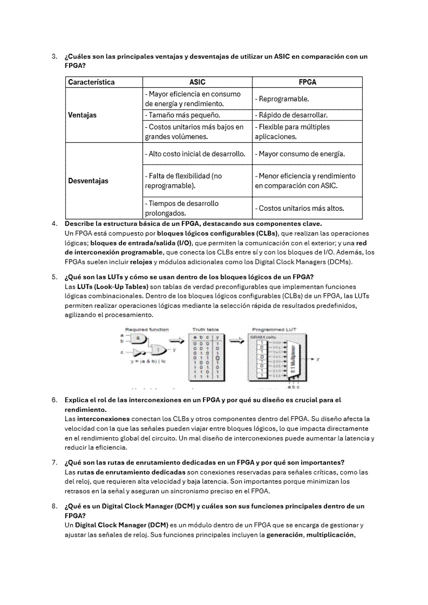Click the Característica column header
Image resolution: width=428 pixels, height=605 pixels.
(x=91, y=82)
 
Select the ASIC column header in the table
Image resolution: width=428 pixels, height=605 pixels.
(x=198, y=82)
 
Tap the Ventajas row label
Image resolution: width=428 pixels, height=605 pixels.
(x=83, y=115)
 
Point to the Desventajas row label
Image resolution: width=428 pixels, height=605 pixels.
(x=88, y=181)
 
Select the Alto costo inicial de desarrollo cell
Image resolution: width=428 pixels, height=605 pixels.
(x=195, y=154)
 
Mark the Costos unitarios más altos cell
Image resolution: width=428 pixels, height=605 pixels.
(x=300, y=208)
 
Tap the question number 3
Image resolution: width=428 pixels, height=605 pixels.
(x=54, y=57)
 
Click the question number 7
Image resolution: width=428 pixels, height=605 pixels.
(x=54, y=463)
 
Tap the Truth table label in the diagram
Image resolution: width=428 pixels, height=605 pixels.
(x=206, y=329)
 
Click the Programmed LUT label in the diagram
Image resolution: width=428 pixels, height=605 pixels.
(x=274, y=329)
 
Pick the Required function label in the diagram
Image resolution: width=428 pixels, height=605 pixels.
(x=147, y=329)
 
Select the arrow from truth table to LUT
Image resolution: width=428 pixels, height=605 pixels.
(x=236, y=340)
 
